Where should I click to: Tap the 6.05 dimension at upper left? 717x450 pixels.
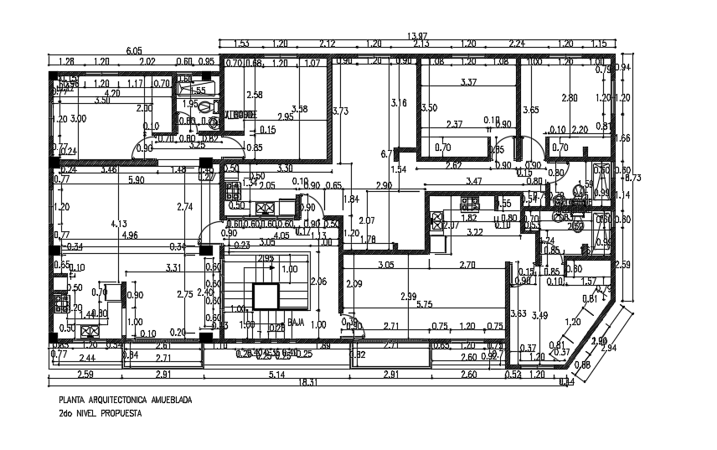[134, 50]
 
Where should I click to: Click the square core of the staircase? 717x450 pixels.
[266, 297]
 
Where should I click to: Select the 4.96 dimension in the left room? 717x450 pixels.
[130, 236]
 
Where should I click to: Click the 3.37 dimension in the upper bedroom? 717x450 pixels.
[469, 82]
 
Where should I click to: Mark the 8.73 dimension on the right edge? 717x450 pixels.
[635, 178]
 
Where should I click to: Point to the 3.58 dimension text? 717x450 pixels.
[299, 109]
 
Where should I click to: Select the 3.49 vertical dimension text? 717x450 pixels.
[540, 315]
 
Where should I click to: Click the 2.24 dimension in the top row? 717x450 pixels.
[516, 44]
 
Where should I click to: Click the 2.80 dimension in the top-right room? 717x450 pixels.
[570, 98]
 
